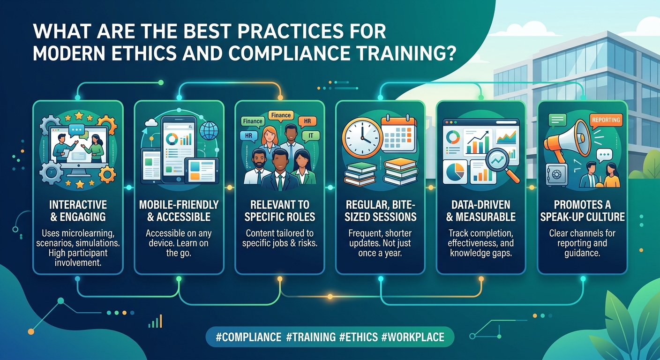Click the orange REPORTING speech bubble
[606, 121]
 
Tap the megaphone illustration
[567, 141]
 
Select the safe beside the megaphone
[556, 175]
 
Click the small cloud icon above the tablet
[151, 122]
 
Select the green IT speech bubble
[311, 136]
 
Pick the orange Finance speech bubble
[281, 115]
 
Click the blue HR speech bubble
[249, 136]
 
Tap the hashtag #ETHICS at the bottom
[358, 337]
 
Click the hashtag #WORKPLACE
[412, 337]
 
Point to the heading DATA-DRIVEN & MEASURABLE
[481, 210]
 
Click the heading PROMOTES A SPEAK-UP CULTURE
[582, 210]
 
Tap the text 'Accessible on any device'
[179, 238]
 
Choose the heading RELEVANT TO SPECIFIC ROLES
[280, 210]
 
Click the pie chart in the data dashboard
[455, 172]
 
